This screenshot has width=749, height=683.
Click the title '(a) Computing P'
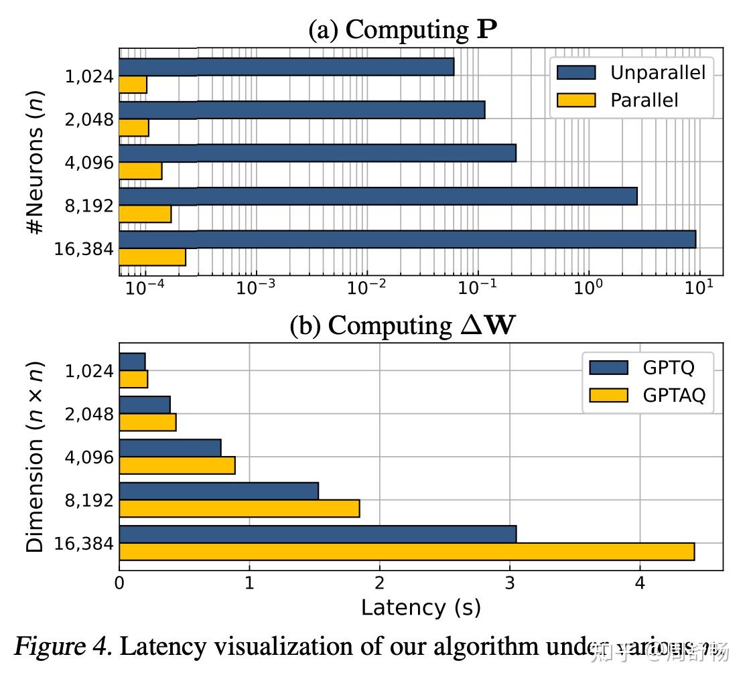click(x=403, y=29)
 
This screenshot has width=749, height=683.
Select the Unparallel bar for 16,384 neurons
click(x=407, y=239)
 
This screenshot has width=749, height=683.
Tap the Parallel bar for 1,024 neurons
click(x=133, y=84)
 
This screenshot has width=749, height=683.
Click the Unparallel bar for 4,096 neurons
click(x=318, y=153)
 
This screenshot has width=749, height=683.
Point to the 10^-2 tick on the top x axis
click(x=367, y=287)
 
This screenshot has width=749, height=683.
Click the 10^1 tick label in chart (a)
click(x=699, y=287)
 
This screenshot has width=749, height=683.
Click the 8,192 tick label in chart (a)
click(x=89, y=206)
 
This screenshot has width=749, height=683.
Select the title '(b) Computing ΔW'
click(x=403, y=325)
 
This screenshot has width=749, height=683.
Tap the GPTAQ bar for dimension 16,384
click(x=407, y=552)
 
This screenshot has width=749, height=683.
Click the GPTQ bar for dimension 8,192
click(x=218, y=491)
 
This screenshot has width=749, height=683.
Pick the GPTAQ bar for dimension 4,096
click(x=177, y=465)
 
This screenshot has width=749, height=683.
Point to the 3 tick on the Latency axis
click(x=510, y=583)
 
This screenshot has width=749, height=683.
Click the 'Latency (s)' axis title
click(x=420, y=607)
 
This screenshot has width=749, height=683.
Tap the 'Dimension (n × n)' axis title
click(x=35, y=457)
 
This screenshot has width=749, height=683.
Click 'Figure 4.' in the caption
click(x=63, y=647)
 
